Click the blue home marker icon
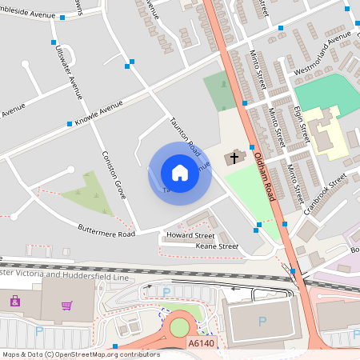[x=180, y=173]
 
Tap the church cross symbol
[x=234, y=158]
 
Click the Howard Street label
[x=189, y=236]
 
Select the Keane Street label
[x=217, y=246]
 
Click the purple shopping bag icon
[x=14, y=301]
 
